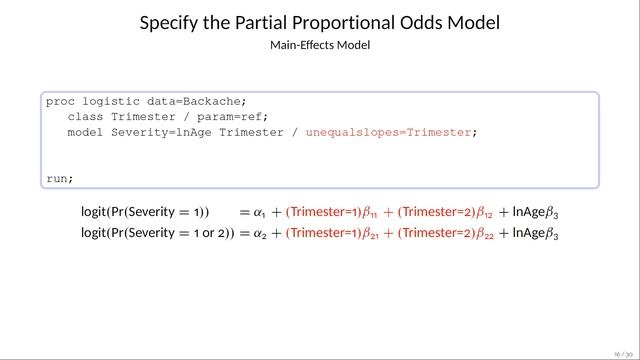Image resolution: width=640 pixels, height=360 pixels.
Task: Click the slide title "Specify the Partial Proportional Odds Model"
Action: coord(320,22)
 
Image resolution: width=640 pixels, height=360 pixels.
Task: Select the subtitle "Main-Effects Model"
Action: coord(320,46)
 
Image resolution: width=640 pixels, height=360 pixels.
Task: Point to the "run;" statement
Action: coord(60,179)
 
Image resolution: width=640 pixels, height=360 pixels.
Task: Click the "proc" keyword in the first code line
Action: coord(60,102)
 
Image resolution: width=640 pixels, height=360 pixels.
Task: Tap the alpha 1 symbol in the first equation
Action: coord(260,212)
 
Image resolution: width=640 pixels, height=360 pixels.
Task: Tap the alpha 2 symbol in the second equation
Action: coord(260,234)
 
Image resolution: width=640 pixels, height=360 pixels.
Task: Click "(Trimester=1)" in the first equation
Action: coord(319,212)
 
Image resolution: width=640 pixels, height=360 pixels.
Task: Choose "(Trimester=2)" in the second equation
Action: coord(430,234)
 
